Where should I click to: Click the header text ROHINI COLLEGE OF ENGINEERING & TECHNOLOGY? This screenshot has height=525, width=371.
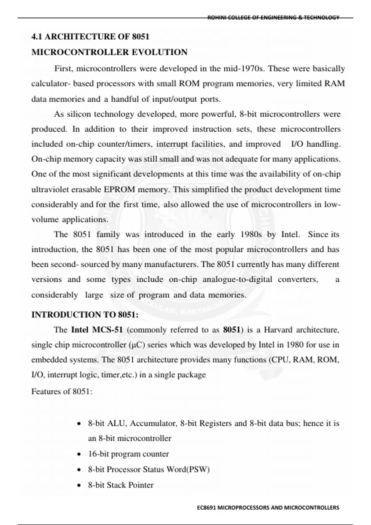tap(273, 18)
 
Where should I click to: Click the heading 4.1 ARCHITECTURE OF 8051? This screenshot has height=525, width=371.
tap(90, 37)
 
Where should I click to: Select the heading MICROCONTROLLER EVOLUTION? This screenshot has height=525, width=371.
tap(109, 52)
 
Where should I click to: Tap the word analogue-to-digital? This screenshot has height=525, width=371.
tap(237, 279)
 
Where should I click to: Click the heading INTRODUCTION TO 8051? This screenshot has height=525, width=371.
tap(85, 315)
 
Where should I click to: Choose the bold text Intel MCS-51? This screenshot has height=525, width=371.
tap(97, 330)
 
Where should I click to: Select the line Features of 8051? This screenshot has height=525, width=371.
tap(62, 392)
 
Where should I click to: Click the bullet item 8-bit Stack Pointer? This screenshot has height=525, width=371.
tap(121, 485)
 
